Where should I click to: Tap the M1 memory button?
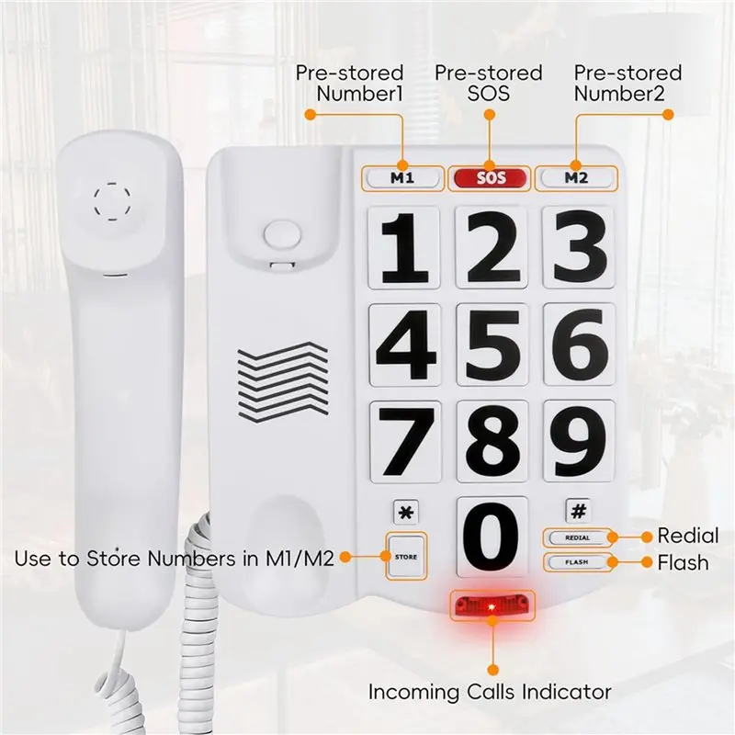pos(402,178)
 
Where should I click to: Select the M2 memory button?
pos(577,178)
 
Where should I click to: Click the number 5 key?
pos(492,345)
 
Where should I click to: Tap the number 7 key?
pos(405,442)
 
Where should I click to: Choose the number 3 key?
pos(579,247)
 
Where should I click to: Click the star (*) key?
pos(405,512)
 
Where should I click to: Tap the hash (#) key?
pos(579,511)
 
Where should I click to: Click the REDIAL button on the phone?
pos(578,537)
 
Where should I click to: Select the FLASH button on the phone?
pos(578,562)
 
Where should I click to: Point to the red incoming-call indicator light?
pos(492,606)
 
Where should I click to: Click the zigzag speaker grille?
pos(283,382)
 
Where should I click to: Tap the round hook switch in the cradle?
pos(282,234)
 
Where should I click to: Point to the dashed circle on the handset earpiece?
pos(112,201)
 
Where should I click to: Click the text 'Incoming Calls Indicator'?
pos(490,692)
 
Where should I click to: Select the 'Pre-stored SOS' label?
pos(489,83)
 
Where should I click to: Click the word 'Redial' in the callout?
pos(687,536)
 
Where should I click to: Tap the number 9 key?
pos(580,442)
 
